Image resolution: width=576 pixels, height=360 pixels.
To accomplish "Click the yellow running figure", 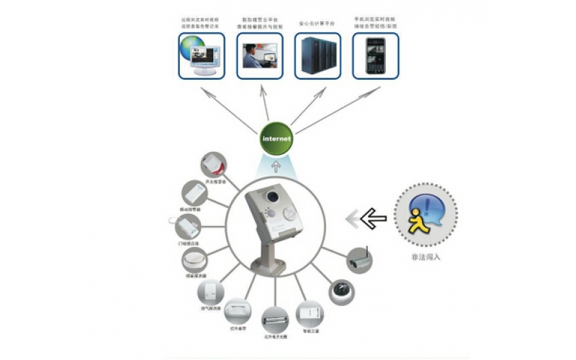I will coord(420,217).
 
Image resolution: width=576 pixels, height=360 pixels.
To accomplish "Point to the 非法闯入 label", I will coord(425,257).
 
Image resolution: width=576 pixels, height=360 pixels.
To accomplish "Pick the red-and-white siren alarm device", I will coord(215,164).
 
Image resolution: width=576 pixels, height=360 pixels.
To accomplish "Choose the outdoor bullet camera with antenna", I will coord(358,259).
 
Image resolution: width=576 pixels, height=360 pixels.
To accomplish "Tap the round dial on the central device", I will coord(290,213).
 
